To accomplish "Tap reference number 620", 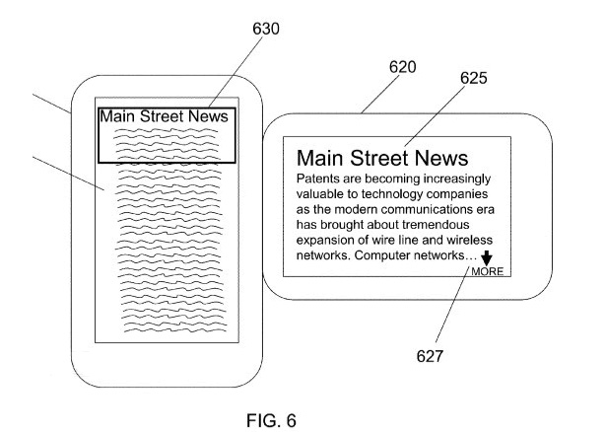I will click(401, 68).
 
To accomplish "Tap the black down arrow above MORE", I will click(486, 257).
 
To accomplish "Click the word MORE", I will click(488, 271).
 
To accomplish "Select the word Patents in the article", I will click(320, 180).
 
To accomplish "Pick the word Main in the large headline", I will click(319, 158).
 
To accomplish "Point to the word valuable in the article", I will click(323, 195).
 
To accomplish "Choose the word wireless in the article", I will click(466, 242).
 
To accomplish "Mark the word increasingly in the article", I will click(453, 180).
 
